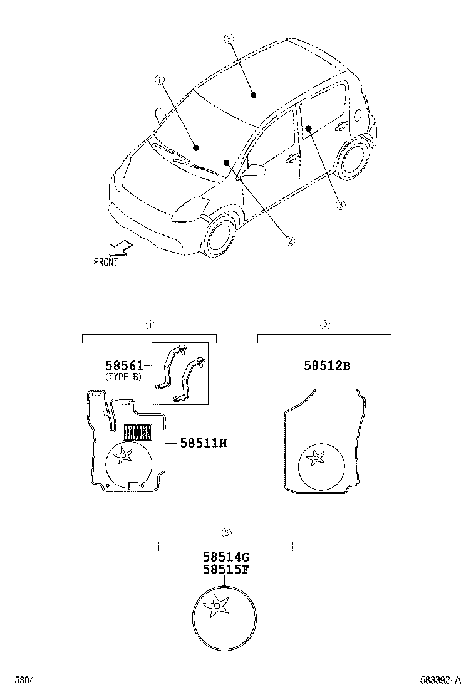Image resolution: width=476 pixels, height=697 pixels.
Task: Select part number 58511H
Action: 203,443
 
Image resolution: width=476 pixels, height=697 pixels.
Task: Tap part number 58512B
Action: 327,365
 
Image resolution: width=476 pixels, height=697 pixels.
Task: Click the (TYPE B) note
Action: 123,377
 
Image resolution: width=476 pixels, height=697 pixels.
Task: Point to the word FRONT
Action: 106,263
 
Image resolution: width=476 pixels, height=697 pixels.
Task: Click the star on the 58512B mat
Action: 314,459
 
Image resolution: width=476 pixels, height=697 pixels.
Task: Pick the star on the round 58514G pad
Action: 217,605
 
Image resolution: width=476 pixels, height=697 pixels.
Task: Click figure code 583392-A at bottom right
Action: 441,680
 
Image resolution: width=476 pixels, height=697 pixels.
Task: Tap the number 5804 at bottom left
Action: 24,680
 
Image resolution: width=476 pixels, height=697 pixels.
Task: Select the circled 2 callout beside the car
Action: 289,239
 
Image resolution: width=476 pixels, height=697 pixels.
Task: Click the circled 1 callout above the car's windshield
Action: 160,80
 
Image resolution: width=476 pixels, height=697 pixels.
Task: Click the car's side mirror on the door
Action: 255,170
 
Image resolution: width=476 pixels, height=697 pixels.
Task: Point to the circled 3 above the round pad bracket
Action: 227,533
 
